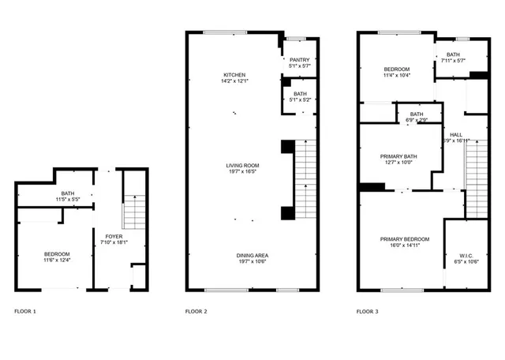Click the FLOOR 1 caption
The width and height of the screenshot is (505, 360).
point(25,312)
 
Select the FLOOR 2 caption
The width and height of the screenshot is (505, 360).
point(196,312)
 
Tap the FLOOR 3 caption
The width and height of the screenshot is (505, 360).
point(367,312)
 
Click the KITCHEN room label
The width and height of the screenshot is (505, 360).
point(234,74)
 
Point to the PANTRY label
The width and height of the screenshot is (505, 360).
point(299,60)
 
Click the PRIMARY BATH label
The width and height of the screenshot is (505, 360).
point(398,156)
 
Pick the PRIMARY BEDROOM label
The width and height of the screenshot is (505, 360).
point(404,239)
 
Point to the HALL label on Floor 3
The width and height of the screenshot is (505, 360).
point(456,134)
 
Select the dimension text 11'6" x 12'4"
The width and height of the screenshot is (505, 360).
point(57,261)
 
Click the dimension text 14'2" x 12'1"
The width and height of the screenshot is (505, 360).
point(234,81)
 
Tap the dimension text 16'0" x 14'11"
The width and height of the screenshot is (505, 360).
point(404,246)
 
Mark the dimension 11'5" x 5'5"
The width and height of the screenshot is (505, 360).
point(67,201)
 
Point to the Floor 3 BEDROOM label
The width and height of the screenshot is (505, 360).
point(395,69)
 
